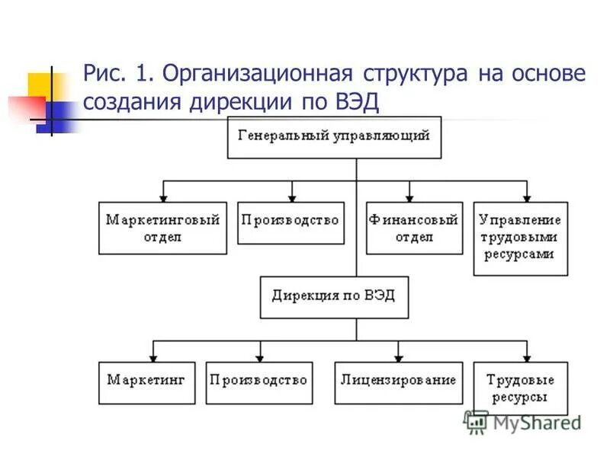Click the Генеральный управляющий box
click(x=334, y=137)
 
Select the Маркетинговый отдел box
click(x=162, y=228)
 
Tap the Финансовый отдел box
click(x=414, y=228)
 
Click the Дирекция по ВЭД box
click(x=334, y=296)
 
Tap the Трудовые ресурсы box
click(x=521, y=388)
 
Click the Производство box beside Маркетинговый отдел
click(x=290, y=222)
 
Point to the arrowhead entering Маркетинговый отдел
click(x=163, y=197)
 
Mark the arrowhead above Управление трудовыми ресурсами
click(x=525, y=197)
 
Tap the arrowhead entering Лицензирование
click(x=398, y=356)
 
